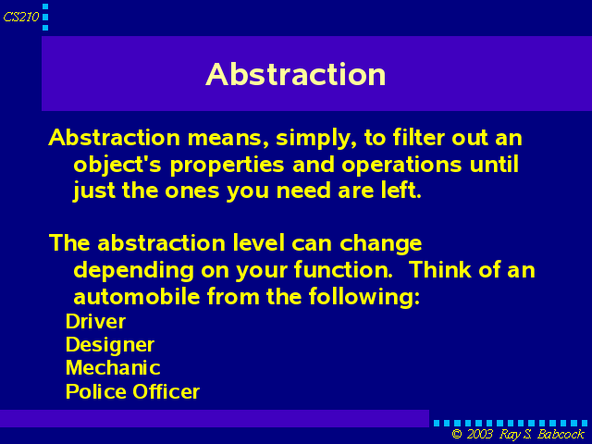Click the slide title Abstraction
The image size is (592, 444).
coord(296,74)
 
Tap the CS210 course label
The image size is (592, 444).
coord(21,17)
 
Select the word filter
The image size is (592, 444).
coord(419,137)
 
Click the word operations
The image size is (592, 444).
coord(401,166)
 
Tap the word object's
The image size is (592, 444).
coord(117,166)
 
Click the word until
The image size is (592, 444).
coord(494,165)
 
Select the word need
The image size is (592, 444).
coord(303,191)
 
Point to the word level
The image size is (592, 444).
coord(259,242)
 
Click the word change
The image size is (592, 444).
coord(380,244)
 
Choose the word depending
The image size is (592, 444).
coord(133,271)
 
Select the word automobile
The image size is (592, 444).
coord(136,296)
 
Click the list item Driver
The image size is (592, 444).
coord(95,322)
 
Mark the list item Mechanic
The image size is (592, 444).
coord(113,368)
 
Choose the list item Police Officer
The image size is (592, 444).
coord(132,391)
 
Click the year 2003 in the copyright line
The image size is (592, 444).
coord(479,434)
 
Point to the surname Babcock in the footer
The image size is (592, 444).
coord(561,434)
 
